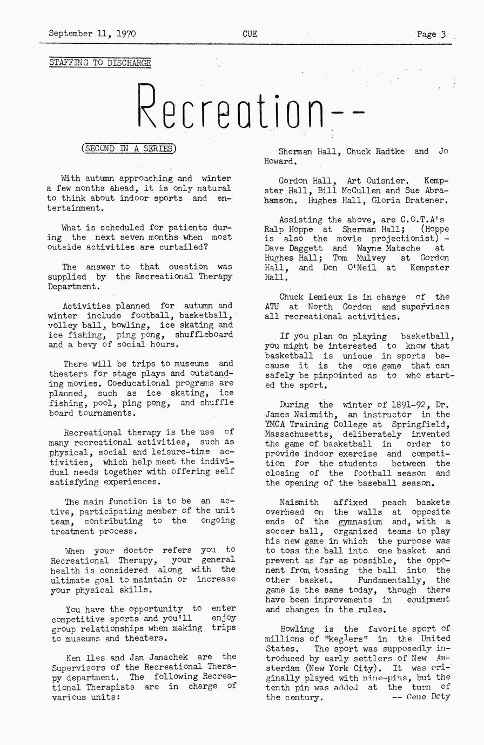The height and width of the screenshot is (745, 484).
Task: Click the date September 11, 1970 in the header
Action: [92, 33]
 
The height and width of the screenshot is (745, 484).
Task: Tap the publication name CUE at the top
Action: [250, 33]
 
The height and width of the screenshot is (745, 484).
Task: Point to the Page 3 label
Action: [431, 34]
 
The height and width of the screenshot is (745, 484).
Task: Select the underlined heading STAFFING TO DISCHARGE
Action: [100, 63]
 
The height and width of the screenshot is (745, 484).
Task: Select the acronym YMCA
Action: [276, 424]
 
